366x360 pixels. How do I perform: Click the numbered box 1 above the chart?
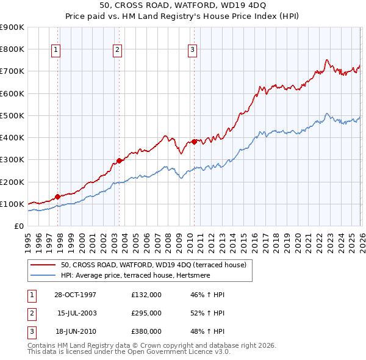point(56,50)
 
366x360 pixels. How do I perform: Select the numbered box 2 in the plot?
point(117,50)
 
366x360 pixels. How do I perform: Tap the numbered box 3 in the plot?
point(192,50)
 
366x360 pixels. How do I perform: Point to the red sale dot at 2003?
point(120,161)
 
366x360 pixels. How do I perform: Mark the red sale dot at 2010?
point(194,142)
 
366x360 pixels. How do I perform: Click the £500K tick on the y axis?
point(13,115)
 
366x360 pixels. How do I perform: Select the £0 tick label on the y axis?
point(19,226)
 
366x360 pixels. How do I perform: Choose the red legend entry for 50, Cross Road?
point(152,265)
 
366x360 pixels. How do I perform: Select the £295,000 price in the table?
point(146,313)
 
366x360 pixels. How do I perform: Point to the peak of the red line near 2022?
point(327,60)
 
